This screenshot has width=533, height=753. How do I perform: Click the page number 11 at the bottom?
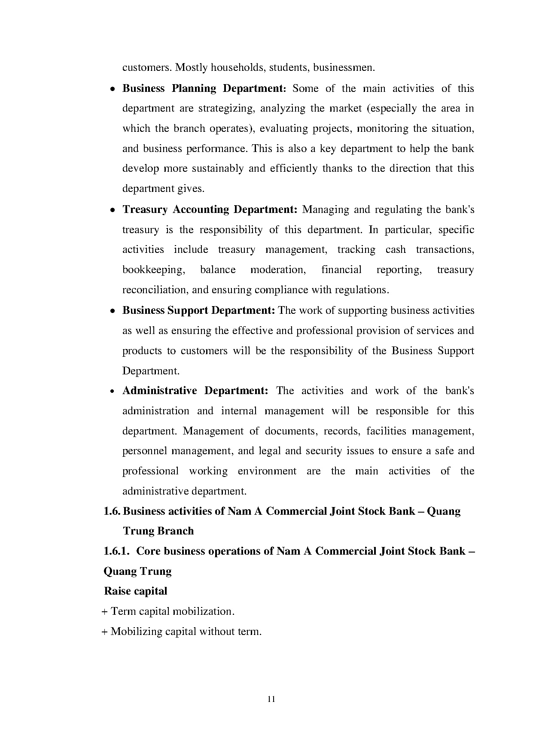pos(271,699)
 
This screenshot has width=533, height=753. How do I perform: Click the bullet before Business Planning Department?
pos(112,89)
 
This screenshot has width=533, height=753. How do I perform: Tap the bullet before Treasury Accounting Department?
pos(112,210)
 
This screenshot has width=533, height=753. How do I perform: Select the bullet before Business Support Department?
pos(112,311)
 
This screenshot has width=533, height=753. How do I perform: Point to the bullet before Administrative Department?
pos(112,392)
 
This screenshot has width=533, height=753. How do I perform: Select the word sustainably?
pos(218,168)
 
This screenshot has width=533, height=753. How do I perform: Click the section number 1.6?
pos(112,511)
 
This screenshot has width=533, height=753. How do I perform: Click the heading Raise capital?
pos(135,591)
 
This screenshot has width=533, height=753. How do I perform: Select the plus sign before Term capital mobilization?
pos(105,611)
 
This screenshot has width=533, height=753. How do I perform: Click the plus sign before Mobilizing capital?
pos(105,632)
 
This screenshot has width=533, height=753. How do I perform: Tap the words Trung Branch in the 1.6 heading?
pos(158,531)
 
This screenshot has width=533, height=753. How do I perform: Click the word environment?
pos(267,471)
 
